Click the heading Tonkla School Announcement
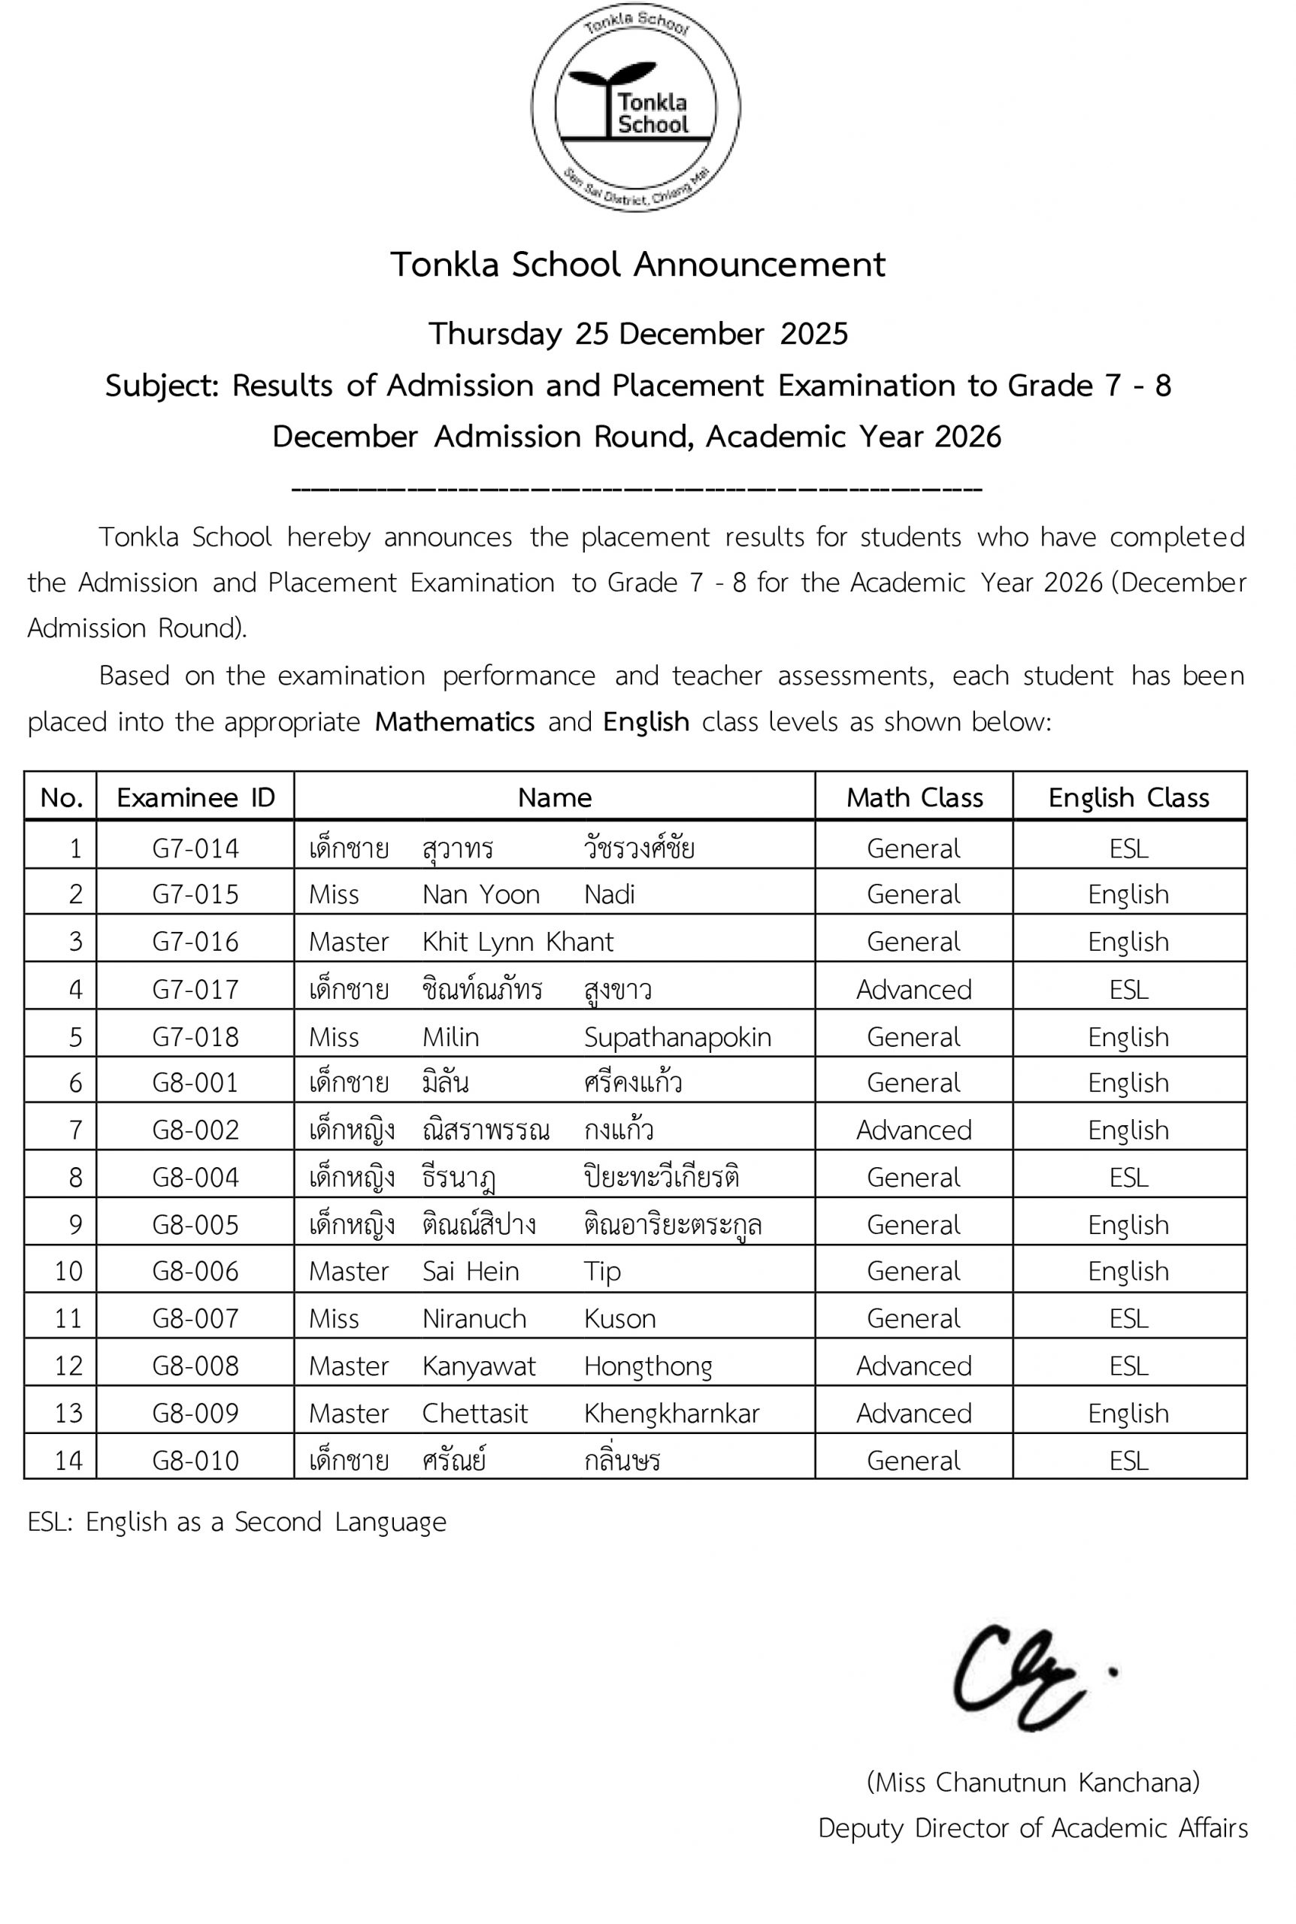point(637,265)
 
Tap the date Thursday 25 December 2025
point(637,334)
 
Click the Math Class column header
point(914,797)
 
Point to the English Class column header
point(1128,797)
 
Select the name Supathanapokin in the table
point(677,1036)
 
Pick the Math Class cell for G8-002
point(913,1130)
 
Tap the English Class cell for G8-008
point(1128,1366)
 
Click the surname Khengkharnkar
point(671,1413)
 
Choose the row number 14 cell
point(68,1460)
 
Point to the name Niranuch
point(474,1318)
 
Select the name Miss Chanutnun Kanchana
point(1032,1782)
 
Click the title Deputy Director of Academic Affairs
point(1032,1828)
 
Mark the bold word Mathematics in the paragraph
point(455,722)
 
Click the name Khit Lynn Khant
point(517,942)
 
